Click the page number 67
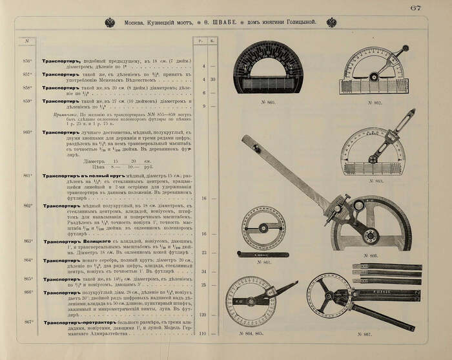(x=433, y=8)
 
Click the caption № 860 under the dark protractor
(x=266, y=102)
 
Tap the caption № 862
(x=376, y=102)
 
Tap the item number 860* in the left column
(x=28, y=132)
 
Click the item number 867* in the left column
(x=28, y=321)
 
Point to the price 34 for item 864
(x=203, y=271)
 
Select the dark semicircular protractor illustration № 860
(x=267, y=69)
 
